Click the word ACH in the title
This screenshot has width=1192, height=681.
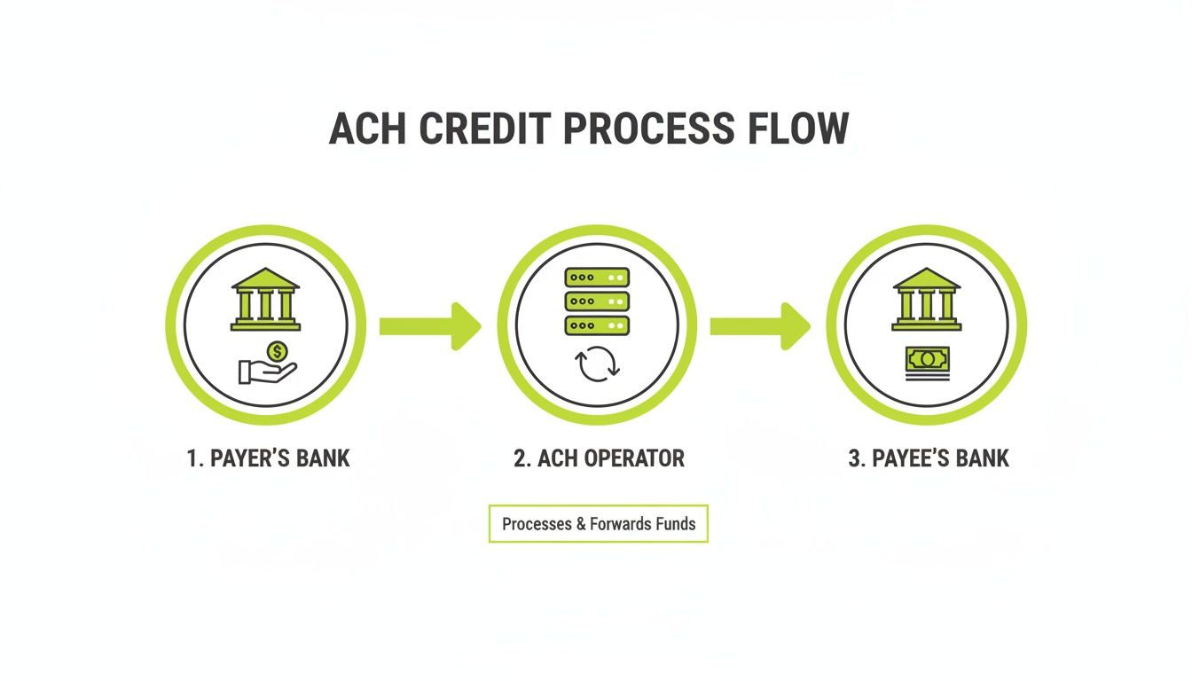(367, 129)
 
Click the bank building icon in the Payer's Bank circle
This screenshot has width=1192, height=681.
(265, 299)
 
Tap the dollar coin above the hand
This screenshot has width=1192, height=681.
(278, 352)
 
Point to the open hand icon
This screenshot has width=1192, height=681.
(266, 371)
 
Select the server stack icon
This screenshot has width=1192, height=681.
(597, 301)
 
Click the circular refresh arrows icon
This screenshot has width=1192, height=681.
(596, 365)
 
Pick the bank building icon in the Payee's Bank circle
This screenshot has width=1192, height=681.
(927, 299)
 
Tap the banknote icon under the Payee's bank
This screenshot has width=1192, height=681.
(927, 362)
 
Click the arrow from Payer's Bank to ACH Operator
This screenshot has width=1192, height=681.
(430, 325)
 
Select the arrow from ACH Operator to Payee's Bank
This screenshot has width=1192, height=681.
(760, 325)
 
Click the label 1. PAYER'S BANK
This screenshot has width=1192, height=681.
(269, 458)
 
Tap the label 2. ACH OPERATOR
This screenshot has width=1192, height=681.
(600, 458)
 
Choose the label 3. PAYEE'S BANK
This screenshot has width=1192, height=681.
(929, 458)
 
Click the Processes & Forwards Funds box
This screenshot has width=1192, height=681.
(599, 524)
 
